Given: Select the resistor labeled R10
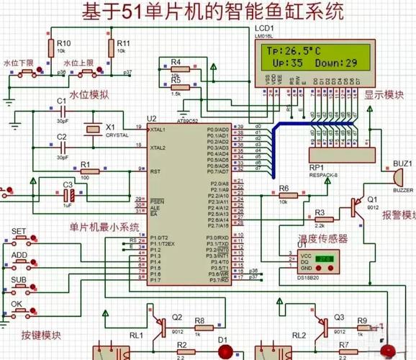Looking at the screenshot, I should (51, 49).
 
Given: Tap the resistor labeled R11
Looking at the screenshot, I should (111, 49).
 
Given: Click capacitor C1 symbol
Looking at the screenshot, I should (62, 113).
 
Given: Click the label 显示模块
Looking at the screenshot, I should (384, 95).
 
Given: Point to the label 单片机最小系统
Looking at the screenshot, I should (104, 228).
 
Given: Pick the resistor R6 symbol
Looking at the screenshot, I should (284, 194).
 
